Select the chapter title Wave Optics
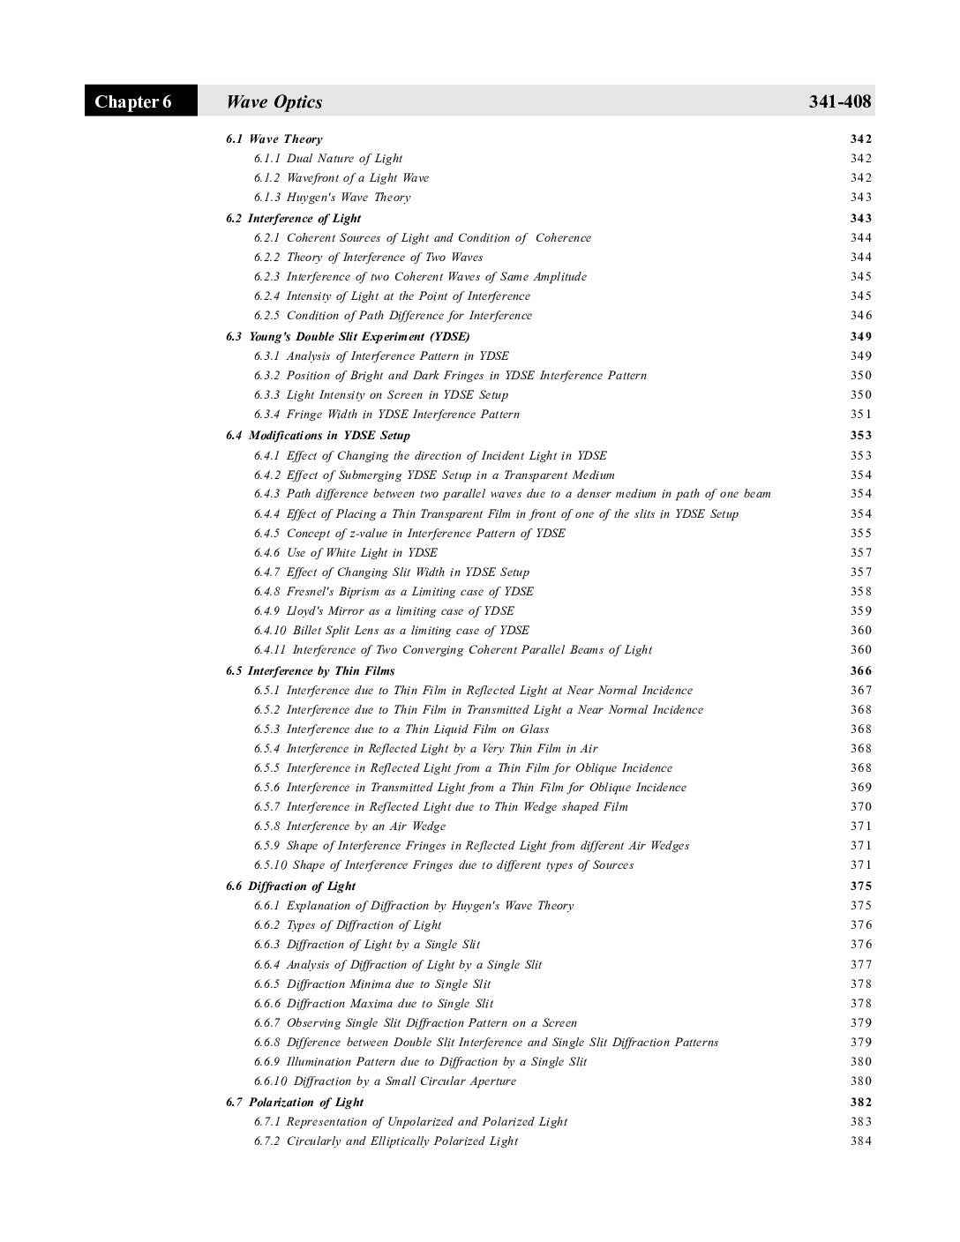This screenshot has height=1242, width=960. tap(274, 102)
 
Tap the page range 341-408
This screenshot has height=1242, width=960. tap(839, 102)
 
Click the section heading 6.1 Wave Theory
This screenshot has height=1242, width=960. tap(274, 139)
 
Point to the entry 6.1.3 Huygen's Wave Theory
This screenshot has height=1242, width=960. tap(332, 198)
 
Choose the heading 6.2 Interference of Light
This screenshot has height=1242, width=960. tap(293, 219)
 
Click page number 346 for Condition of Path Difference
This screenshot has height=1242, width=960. tap(860, 316)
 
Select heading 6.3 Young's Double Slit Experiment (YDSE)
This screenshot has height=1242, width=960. tap(348, 337)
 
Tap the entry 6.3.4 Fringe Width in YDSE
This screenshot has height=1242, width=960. tap(386, 415)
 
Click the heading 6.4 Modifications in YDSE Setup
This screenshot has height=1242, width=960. tap(318, 436)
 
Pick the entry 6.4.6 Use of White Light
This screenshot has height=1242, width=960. tap(345, 553)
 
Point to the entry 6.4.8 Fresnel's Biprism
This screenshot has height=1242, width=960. tap(394, 592)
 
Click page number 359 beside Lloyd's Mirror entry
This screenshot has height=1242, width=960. tap(860, 611)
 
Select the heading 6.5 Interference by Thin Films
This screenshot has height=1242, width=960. tap(310, 671)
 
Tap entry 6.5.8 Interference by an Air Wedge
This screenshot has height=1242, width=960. tap(349, 827)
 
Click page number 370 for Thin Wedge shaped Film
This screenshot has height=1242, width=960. tap(860, 807)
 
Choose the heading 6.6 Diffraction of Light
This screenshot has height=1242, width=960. tap(290, 887)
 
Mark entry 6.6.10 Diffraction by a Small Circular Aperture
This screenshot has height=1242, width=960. tap(385, 1081)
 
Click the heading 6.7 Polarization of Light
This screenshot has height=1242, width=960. tap(295, 1103)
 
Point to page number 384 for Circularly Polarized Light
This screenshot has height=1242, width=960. tap(860, 1141)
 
